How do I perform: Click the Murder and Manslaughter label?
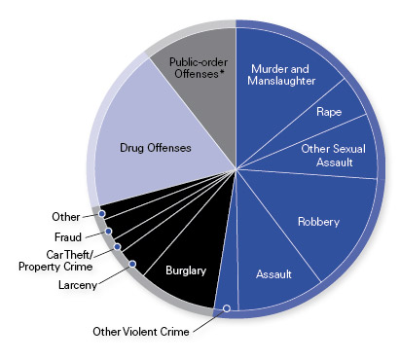281,75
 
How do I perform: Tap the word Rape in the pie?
329,112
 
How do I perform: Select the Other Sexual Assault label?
334,156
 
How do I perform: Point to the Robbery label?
318,222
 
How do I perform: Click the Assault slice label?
273,274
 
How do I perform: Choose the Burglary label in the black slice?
186,270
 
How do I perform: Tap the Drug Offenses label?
156,148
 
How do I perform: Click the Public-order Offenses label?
199,68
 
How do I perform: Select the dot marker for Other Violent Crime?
227,308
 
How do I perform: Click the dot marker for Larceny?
132,264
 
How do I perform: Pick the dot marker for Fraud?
109,232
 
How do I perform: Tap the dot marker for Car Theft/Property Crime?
118,247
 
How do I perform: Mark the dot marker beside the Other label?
102,214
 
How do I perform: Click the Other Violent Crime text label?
141,332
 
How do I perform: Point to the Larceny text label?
78,285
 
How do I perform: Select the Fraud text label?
68,237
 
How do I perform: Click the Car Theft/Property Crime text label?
55,261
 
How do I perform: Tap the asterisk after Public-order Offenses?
222,72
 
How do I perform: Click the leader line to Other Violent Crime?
208,321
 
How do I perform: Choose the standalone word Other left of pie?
66,217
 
